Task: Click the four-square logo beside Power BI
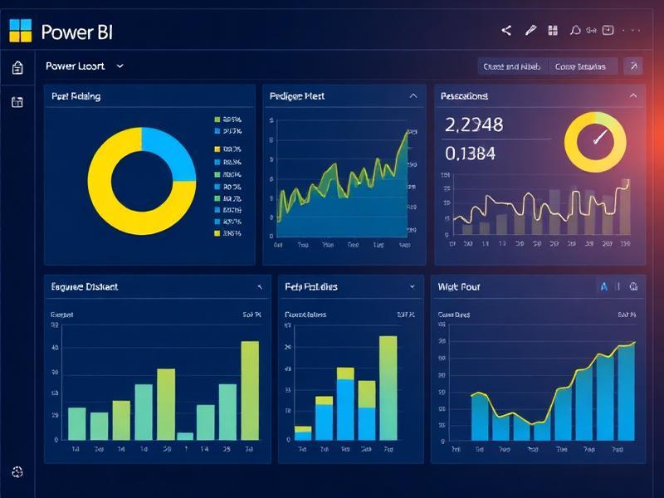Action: point(20,32)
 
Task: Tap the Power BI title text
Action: point(76,32)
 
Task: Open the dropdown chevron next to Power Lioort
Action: point(121,66)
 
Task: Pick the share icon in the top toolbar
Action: point(506,31)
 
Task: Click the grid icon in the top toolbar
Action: point(552,31)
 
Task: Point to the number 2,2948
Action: point(474,125)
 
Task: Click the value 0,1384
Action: point(471,153)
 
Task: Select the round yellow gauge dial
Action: point(595,141)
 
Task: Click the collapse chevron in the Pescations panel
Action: point(633,96)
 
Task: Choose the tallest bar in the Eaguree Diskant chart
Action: point(250,390)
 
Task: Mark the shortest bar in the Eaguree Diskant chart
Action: point(185,436)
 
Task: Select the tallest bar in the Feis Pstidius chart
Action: point(388,387)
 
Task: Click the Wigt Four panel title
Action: point(459,286)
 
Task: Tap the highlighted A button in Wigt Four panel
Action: point(603,286)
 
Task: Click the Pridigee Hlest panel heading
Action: point(297,96)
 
